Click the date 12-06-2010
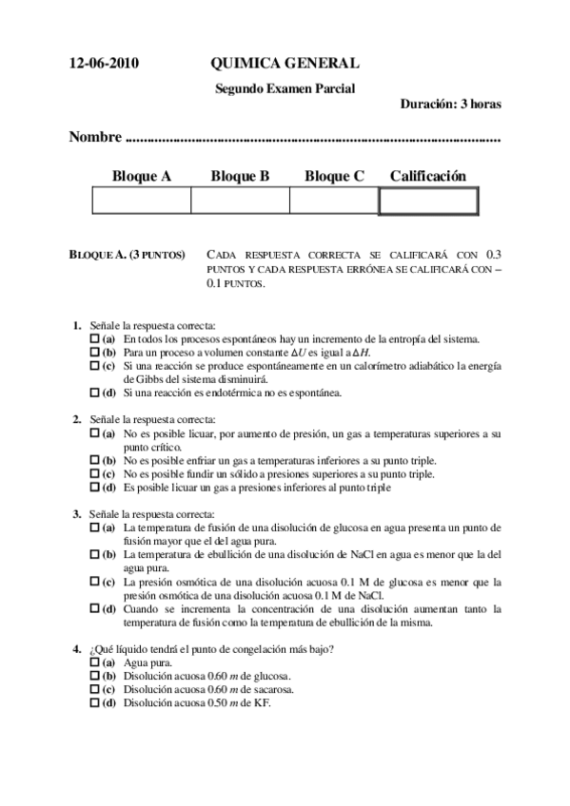tap(104, 64)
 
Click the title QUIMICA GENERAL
tap(285, 64)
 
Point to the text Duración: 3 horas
tap(450, 105)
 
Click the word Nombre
tap(95, 138)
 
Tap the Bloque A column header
tap(141, 176)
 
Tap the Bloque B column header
tap(240, 176)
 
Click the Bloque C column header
tap(334, 176)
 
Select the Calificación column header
tap(428, 176)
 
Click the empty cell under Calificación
tap(428, 201)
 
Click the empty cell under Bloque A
tap(141, 201)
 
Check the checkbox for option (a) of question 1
tap(94, 338)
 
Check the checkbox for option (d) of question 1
tap(94, 392)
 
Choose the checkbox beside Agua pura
tap(94, 662)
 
